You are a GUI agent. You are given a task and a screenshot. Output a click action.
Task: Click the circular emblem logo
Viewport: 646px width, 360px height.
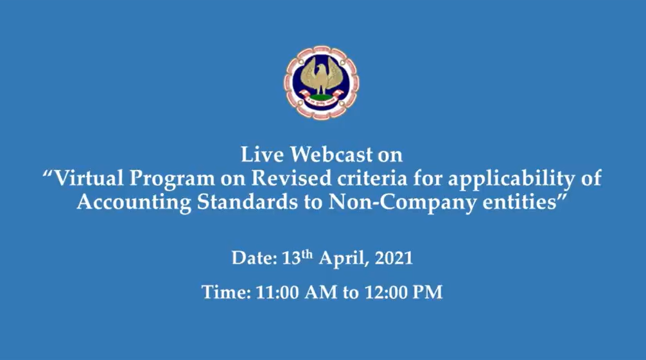(321, 82)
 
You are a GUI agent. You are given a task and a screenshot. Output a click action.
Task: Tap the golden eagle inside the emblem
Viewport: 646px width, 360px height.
(320, 76)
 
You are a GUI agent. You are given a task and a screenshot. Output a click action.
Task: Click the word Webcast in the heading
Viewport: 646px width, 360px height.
(331, 155)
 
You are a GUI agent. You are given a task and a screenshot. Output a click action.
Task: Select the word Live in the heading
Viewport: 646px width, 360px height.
(262, 155)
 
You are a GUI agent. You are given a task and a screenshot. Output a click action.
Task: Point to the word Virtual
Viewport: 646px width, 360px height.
(89, 178)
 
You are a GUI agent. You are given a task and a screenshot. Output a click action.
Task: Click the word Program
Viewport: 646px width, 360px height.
(172, 179)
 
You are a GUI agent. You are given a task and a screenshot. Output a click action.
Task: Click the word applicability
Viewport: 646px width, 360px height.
(511, 179)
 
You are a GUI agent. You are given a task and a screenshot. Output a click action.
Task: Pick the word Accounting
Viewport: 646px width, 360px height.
(134, 203)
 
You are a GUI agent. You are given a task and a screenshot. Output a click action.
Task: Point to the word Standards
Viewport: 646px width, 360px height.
(247, 202)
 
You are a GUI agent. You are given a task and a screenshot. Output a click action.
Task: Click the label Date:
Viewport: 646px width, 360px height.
(254, 258)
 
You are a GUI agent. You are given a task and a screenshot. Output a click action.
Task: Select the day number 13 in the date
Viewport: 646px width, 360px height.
(292, 258)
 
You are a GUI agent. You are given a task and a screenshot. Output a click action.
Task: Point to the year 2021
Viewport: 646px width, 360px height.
(394, 258)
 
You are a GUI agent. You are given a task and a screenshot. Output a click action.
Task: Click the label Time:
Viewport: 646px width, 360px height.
(226, 293)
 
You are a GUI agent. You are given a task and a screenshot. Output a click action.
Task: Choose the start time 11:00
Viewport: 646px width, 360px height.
(277, 293)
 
